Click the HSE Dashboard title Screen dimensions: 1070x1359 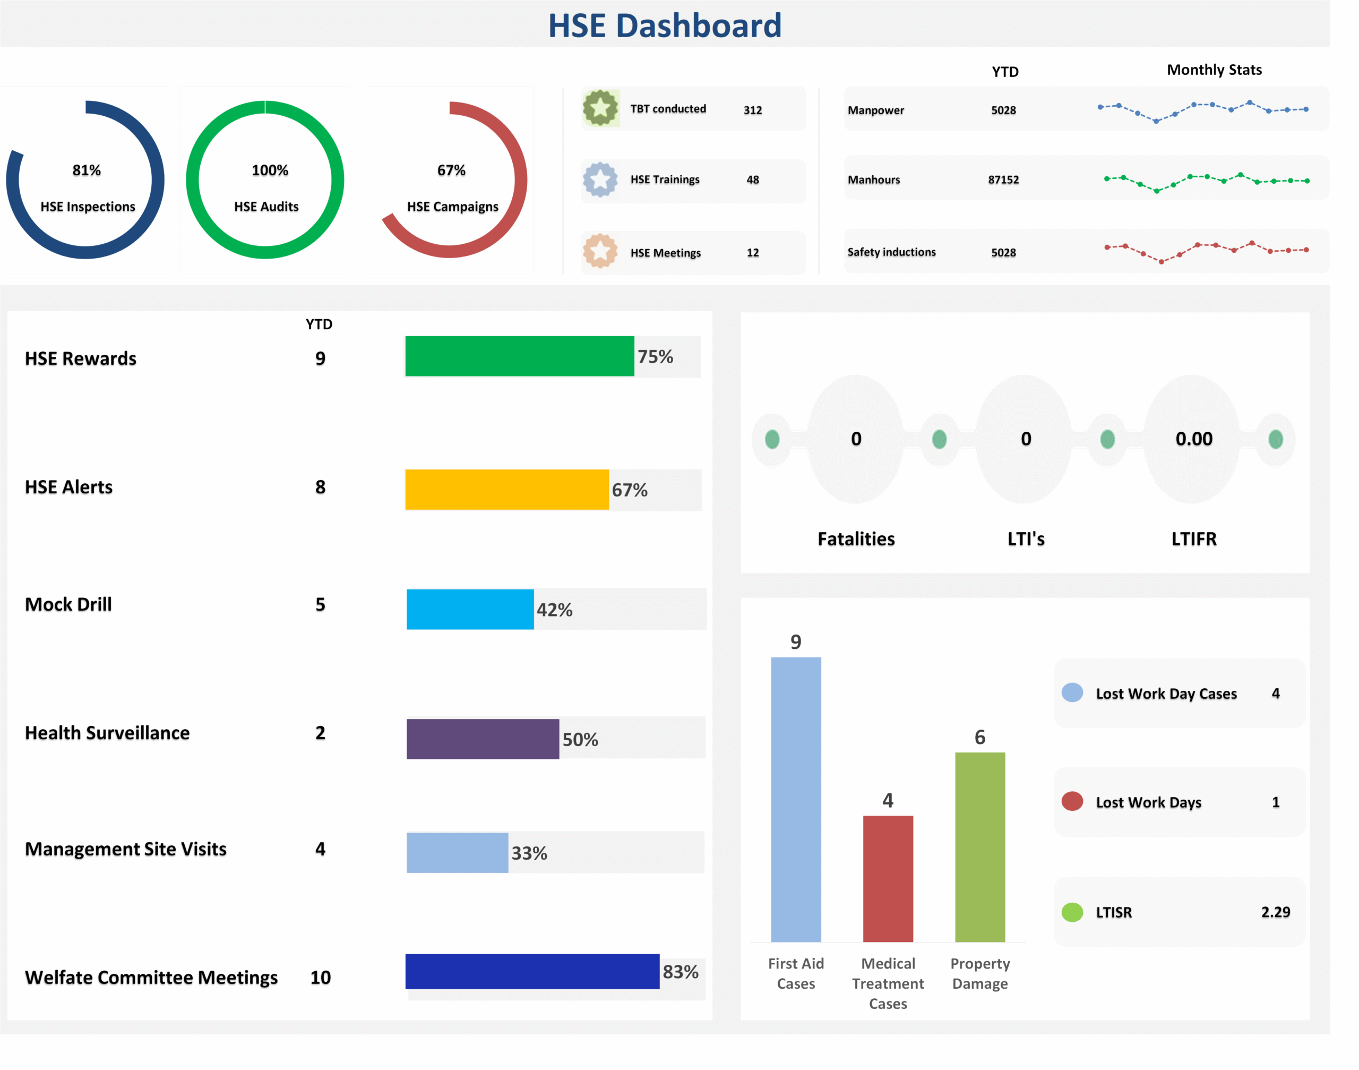coord(665,25)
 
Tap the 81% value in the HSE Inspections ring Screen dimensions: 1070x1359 coord(87,170)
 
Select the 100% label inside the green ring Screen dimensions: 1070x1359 coord(270,170)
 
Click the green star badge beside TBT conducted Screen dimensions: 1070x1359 coord(600,108)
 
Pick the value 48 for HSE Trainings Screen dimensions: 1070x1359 coord(752,180)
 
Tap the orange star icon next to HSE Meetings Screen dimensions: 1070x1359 coord(600,251)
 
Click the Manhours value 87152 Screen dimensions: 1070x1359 coord(1003,180)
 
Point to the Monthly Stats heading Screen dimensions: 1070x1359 coord(1214,70)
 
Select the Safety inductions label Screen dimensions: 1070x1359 coord(891,252)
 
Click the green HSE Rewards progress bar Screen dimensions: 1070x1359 coord(519,356)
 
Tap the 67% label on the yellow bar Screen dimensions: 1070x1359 coord(630,490)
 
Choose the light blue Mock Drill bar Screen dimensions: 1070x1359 coord(470,609)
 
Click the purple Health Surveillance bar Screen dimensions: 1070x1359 coord(482,739)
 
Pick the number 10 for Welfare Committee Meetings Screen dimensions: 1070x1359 coord(320,977)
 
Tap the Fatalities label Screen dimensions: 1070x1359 coord(856,539)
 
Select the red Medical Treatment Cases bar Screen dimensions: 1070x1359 coord(888,878)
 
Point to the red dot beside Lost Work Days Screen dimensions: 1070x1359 coord(1072,801)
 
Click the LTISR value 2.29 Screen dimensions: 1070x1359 coord(1275,912)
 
